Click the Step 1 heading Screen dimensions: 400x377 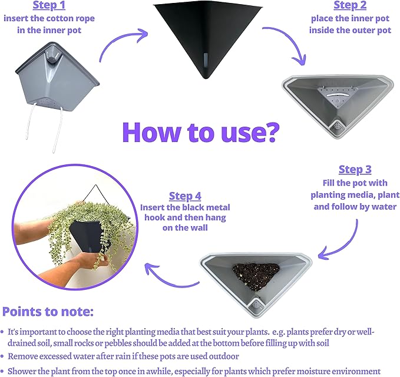coord(49,5)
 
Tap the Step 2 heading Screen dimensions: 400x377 coord(350,5)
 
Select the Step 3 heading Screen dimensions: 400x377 coord(355,170)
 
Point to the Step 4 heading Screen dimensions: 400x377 coord(185,196)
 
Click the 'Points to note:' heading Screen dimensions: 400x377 coord(48,312)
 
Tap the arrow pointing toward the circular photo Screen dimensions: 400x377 coord(168,280)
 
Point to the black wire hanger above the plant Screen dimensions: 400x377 coord(96,195)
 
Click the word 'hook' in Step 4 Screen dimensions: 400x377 coord(154,217)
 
